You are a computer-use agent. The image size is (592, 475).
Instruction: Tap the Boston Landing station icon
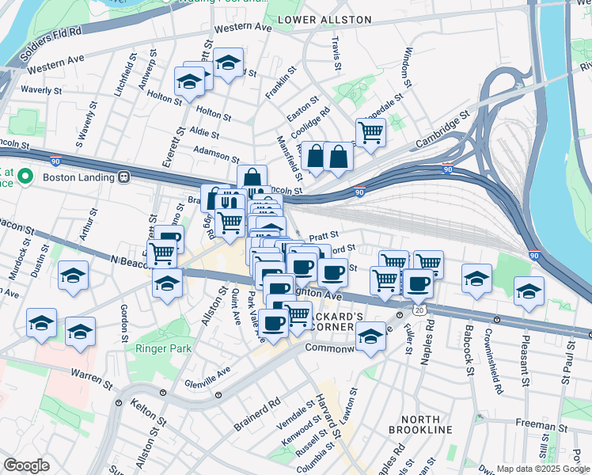pyautogui.click(x=123, y=177)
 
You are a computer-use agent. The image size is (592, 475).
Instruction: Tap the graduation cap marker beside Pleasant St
pyautogui.click(x=529, y=291)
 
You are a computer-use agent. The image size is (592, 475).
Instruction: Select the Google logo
pyautogui.click(x=26, y=465)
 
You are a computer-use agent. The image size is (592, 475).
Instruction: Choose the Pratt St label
pyautogui.click(x=324, y=236)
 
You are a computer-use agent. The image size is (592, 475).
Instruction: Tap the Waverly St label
pyautogui.click(x=41, y=91)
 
